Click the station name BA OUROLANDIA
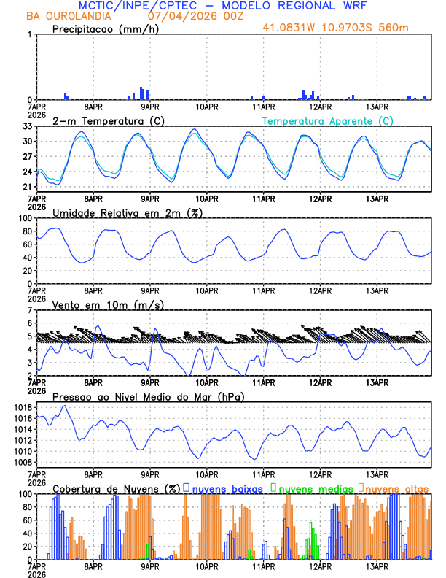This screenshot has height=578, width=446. [x=69, y=15]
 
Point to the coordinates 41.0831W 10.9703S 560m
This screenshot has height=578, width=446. [x=345, y=28]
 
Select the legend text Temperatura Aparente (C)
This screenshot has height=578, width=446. [x=328, y=120]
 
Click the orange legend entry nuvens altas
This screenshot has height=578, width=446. [x=396, y=488]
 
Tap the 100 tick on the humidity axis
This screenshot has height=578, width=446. [x=23, y=219]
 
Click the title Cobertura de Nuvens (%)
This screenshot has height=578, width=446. [x=117, y=488]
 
